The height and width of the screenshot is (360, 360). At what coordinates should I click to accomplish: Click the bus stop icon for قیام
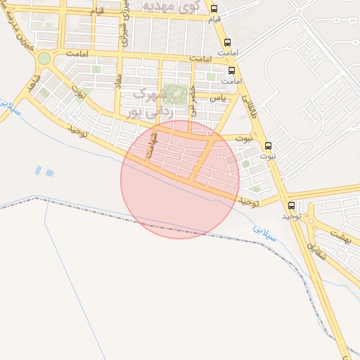point(214,10)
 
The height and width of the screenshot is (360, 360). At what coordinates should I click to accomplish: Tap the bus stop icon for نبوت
point(268,146)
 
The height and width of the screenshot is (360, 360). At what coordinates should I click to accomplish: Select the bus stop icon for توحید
point(292,206)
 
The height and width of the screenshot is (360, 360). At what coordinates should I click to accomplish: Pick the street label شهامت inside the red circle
point(149,147)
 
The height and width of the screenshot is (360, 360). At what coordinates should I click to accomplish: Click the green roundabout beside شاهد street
point(44,58)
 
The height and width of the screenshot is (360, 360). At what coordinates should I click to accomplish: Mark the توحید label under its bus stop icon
point(292,217)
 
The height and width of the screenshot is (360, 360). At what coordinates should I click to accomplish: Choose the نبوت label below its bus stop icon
point(268,157)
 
